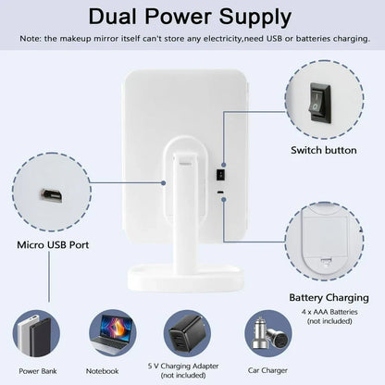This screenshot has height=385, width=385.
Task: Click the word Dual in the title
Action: point(113,17)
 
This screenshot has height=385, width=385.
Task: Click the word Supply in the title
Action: point(255,18)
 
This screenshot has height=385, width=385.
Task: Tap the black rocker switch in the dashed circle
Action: point(320,103)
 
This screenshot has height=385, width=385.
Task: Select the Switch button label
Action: point(324,150)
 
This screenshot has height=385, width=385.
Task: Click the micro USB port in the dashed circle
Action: point(51,195)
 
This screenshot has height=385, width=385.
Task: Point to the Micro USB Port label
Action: point(53,245)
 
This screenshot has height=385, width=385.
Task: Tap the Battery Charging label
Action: point(329,298)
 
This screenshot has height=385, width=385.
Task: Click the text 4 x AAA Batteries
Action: point(329,312)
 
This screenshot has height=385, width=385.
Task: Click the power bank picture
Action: point(35,334)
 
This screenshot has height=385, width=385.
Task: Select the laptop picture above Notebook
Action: point(112,334)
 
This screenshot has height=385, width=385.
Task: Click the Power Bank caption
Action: point(38,371)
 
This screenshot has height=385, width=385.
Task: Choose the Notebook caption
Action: point(102,371)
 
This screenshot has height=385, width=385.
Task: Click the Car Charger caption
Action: point(267,370)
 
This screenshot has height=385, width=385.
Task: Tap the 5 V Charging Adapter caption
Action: point(183,366)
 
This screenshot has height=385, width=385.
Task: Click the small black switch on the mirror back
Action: point(220,175)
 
